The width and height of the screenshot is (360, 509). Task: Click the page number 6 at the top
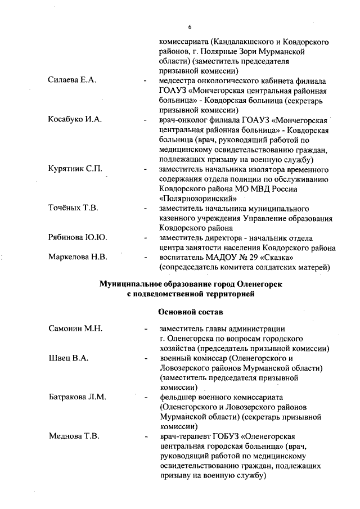point(190,27)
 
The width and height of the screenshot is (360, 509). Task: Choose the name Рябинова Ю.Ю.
point(78,237)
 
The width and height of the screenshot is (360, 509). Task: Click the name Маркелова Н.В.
point(78,257)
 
